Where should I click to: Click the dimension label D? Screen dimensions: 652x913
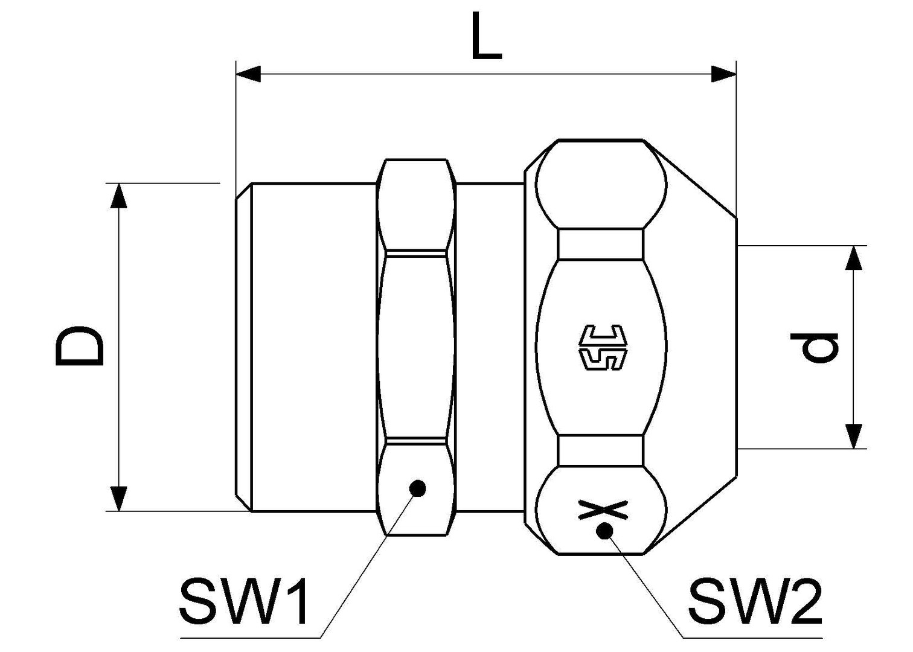pyautogui.click(x=78, y=347)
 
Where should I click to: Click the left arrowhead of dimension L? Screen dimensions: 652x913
pyautogui.click(x=248, y=74)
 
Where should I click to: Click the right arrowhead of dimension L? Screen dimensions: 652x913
pyautogui.click(x=723, y=74)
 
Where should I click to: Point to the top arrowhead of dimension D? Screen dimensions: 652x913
pyautogui.click(x=120, y=196)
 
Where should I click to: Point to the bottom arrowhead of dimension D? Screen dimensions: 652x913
pyautogui.click(x=120, y=498)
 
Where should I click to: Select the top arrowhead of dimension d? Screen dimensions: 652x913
pyautogui.click(x=853, y=258)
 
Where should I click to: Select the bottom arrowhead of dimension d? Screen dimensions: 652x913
pyautogui.click(x=853, y=436)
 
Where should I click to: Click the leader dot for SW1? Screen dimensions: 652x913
pyautogui.click(x=417, y=488)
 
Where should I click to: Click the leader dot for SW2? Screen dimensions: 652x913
pyautogui.click(x=604, y=531)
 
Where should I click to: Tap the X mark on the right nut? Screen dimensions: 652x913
pyautogui.click(x=603, y=510)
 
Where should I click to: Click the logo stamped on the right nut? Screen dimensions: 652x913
pyautogui.click(x=603, y=348)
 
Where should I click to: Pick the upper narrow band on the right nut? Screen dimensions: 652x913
pyautogui.click(x=600, y=244)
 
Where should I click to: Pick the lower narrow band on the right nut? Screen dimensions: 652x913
pyautogui.click(x=600, y=450)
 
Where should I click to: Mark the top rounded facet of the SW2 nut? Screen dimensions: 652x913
pyautogui.click(x=601, y=184)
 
